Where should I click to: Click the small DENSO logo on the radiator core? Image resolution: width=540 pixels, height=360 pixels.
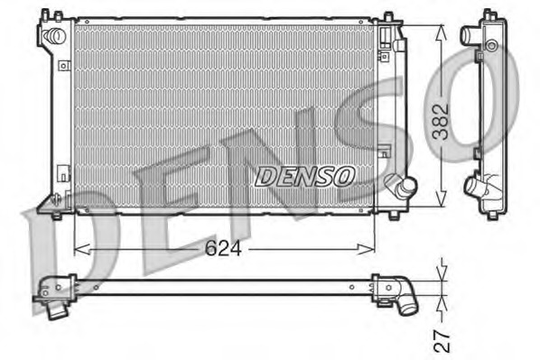305,176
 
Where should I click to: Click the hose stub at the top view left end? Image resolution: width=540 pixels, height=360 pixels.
58,309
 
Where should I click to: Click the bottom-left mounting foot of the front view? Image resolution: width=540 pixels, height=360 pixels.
55,214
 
